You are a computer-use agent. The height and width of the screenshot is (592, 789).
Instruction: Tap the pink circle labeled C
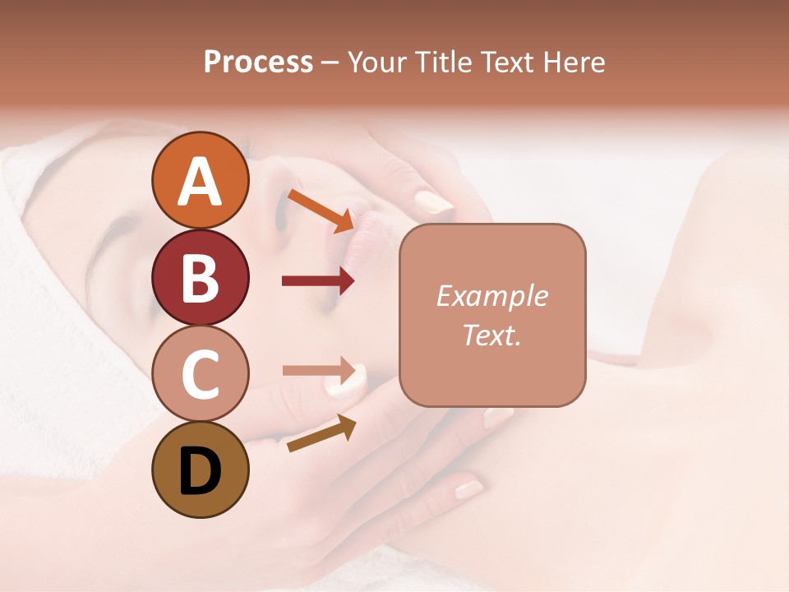pos(200,375)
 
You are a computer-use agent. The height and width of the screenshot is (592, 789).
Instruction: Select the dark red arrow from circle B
pos(318,281)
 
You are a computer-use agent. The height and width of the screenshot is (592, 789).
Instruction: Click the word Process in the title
pos(258,62)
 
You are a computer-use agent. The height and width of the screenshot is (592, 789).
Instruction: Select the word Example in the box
pos(491,296)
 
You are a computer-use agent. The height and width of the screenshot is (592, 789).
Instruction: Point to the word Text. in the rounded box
pos(491,335)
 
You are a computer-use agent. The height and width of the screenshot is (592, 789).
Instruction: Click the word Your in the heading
pos(376,62)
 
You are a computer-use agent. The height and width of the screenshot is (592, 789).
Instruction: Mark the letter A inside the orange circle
pos(200,181)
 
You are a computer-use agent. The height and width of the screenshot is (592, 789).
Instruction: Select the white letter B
pos(200,278)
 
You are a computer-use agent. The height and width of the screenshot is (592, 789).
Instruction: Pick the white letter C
pos(200,375)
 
